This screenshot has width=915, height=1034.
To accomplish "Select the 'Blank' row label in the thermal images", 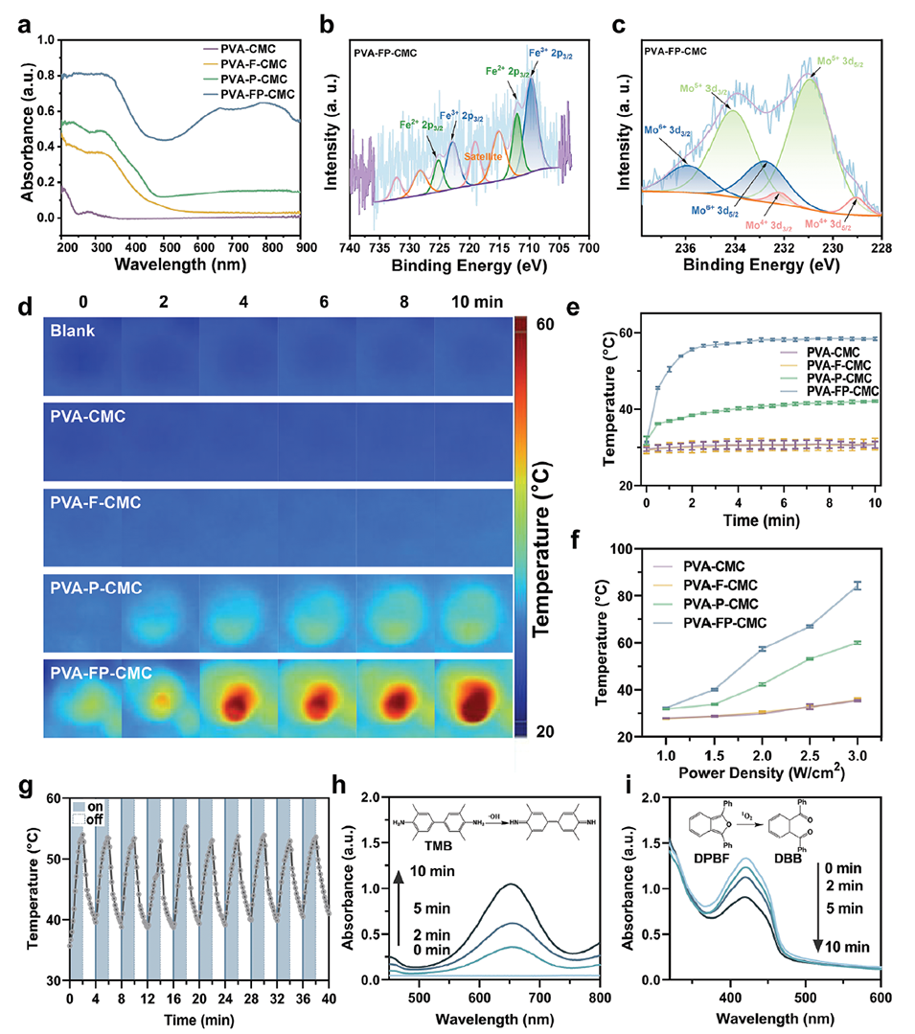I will coord(75,333).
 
